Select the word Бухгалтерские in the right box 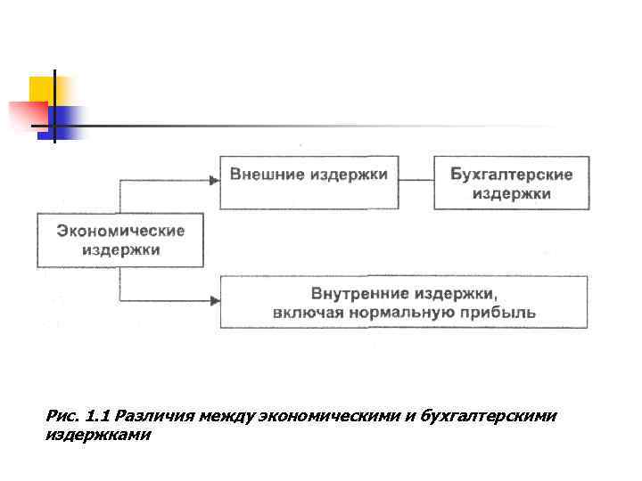pyautogui.click(x=512, y=175)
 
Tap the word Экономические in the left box pyautogui.click(x=121, y=231)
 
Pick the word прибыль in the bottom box pyautogui.click(x=502, y=313)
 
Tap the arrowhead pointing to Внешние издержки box pyautogui.click(x=214, y=180)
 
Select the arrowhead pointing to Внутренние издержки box pyautogui.click(x=214, y=301)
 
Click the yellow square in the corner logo pyautogui.click(x=41, y=89)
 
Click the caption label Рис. pyautogui.click(x=60, y=416)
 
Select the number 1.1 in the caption pyautogui.click(x=96, y=416)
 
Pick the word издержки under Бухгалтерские pyautogui.click(x=512, y=194)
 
